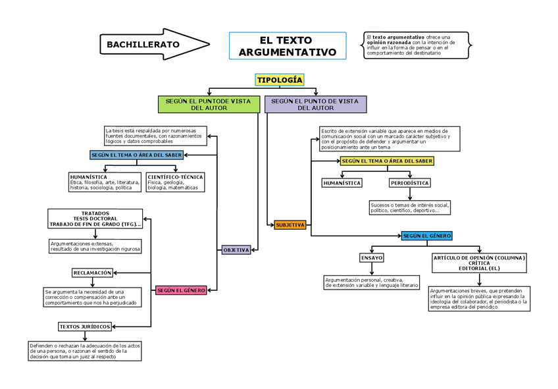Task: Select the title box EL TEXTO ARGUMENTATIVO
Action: pyautogui.click(x=287, y=46)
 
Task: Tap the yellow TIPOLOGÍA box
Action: pyautogui.click(x=280, y=80)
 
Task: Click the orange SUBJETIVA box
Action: pyautogui.click(x=290, y=225)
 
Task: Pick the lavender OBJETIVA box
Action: pyautogui.click(x=236, y=250)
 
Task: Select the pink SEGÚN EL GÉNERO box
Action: pyautogui.click(x=181, y=290)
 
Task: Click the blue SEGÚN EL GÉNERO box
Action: pyautogui.click(x=427, y=236)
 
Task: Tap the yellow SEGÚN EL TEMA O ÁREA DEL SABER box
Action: pyautogui.click(x=387, y=161)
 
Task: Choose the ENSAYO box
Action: pyautogui.click(x=372, y=258)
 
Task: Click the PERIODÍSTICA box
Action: pyautogui.click(x=410, y=183)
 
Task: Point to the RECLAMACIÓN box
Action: pyautogui.click(x=93, y=272)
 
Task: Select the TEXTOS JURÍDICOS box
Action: pyautogui.click(x=85, y=326)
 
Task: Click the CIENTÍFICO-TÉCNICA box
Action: pyautogui.click(x=175, y=182)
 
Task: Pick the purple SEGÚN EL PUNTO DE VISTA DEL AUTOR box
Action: pyautogui.click(x=315, y=104)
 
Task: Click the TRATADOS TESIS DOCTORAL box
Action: pyautogui.click(x=95, y=219)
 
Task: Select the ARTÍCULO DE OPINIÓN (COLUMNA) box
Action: pyautogui.click(x=479, y=263)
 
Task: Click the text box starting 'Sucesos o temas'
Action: pyautogui.click(x=410, y=208)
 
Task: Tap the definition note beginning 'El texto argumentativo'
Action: pyautogui.click(x=417, y=44)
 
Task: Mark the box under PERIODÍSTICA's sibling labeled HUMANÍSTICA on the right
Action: pyautogui.click(x=342, y=183)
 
